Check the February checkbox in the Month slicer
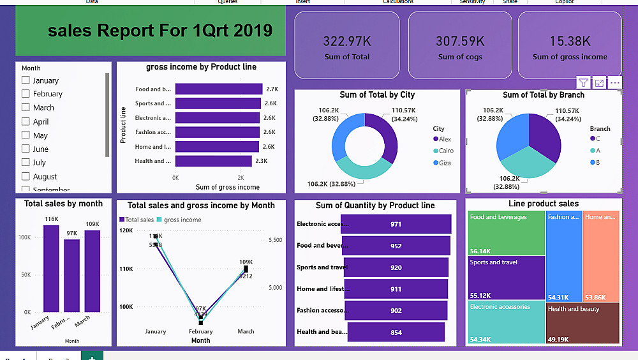pos(26,94)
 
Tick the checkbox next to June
pos(26,149)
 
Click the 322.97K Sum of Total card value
pos(346,41)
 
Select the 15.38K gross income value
pos(570,41)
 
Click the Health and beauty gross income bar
pos(213,161)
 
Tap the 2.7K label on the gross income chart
pos(272,89)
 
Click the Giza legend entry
pos(443,163)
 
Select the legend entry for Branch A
pos(597,151)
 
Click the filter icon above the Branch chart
pos(583,83)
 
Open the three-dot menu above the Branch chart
pos(615,83)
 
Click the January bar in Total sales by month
pos(51,268)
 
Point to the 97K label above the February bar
pos(71,234)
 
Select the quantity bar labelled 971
pos(396,224)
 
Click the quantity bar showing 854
pos(396,332)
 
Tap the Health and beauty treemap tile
pos(582,322)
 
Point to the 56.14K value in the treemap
pos(480,251)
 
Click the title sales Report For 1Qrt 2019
pos(159,31)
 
